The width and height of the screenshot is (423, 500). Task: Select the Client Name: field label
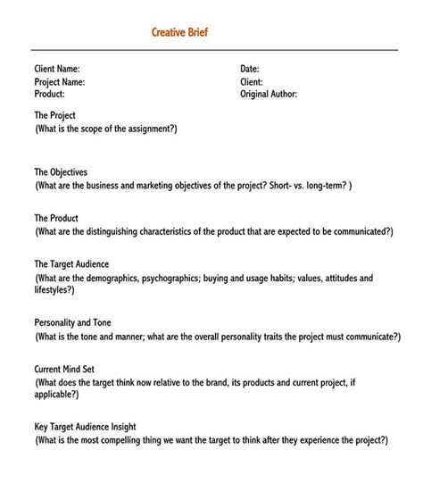57,69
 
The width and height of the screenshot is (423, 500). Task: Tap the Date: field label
250,69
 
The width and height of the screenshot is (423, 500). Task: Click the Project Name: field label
60,81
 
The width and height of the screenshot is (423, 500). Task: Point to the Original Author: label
269,94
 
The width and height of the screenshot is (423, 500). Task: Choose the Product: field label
49,94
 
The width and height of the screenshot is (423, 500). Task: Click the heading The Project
54,116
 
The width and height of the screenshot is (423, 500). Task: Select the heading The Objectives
61,172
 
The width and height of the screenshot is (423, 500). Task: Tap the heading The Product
56,218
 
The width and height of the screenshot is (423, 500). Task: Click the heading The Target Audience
71,264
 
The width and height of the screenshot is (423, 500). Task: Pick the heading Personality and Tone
73,322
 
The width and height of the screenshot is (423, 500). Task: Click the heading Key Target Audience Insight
85,427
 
